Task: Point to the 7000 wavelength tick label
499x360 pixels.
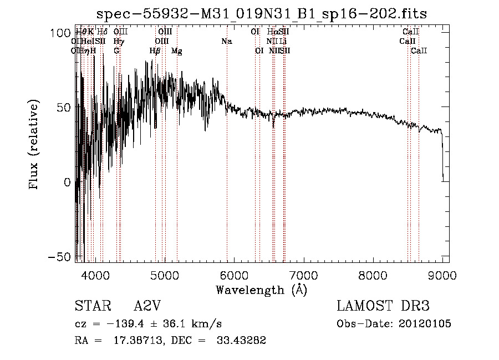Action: [303, 275]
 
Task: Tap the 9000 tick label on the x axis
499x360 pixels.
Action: [442, 275]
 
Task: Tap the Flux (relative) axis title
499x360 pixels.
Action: [34, 144]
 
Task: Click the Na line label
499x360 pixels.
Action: [226, 42]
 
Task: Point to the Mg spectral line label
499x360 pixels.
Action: [177, 51]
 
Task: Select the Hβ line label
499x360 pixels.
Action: [155, 51]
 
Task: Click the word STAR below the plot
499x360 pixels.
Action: [92, 306]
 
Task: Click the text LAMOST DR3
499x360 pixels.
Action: [383, 306]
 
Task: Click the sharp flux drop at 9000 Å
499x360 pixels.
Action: [442, 161]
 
